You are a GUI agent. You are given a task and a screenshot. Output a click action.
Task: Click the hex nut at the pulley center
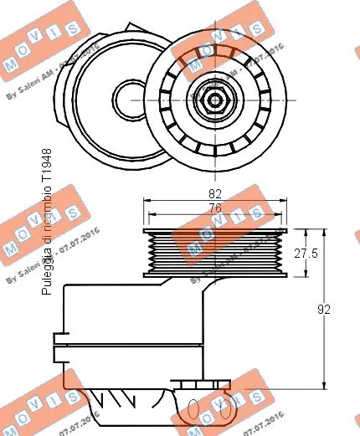point(214,100)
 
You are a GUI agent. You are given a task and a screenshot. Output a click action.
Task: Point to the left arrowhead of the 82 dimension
point(147,201)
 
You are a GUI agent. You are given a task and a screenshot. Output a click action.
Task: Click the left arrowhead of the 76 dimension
point(152,215)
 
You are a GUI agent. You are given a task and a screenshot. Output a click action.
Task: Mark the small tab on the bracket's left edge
point(58,338)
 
